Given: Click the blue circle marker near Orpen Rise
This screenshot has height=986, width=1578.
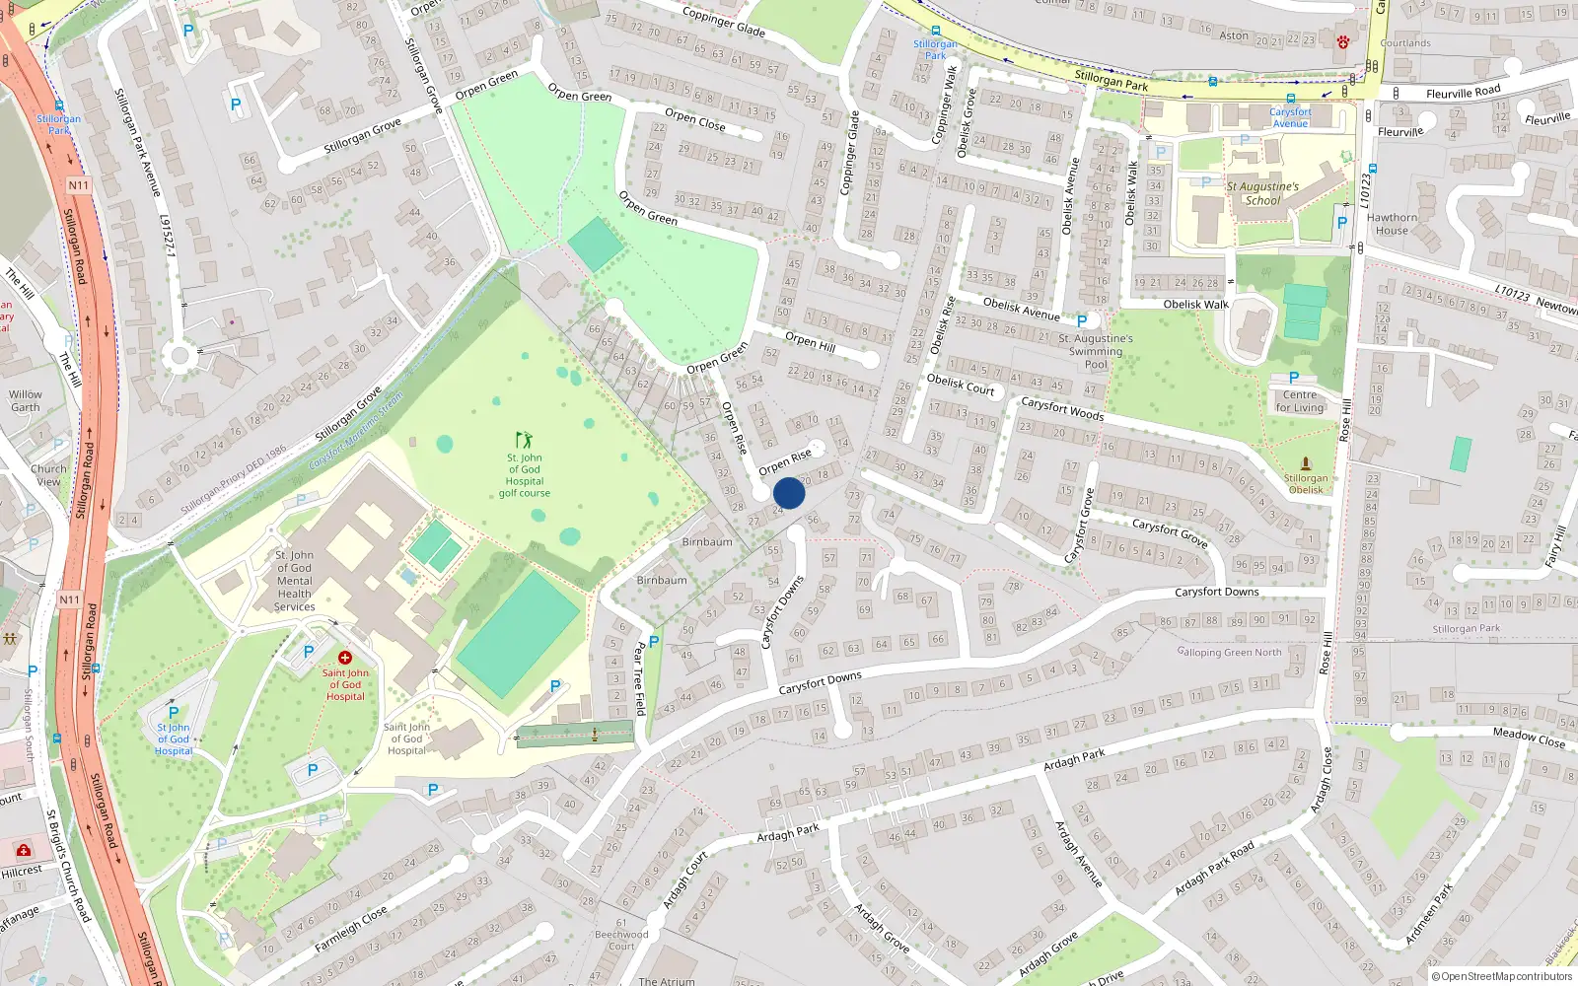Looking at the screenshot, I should pos(789,493).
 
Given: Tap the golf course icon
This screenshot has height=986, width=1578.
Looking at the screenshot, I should pos(524,440).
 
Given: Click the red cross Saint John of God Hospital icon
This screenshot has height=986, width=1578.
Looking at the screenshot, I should pos(345,658).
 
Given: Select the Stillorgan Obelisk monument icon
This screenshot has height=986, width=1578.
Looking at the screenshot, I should pos(1306,462).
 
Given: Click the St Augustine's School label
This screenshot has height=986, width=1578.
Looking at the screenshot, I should pos(1262,193).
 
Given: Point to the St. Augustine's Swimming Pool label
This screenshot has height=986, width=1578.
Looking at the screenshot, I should pos(1095,351).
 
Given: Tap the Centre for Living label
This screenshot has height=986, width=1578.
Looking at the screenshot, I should pos(1300,400).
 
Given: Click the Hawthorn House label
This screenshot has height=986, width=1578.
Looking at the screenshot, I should pos(1392,224).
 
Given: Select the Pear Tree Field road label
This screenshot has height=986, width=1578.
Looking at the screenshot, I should pos(639,677).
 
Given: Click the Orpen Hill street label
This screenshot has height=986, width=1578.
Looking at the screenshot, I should pos(810,341).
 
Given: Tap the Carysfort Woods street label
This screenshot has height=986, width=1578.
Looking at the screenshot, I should pos(1061,408).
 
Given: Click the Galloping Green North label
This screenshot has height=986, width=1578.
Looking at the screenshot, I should pos(1229,652).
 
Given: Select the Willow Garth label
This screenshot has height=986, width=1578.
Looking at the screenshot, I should pos(26,400).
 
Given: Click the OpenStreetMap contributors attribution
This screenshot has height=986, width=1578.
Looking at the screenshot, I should pos(1501,976).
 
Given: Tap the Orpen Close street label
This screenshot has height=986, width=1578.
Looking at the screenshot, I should pos(694,119).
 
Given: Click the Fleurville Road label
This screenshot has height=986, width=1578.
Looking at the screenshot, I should pos(1463,92).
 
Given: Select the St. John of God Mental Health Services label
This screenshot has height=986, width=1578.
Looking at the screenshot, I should pos(294,581).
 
